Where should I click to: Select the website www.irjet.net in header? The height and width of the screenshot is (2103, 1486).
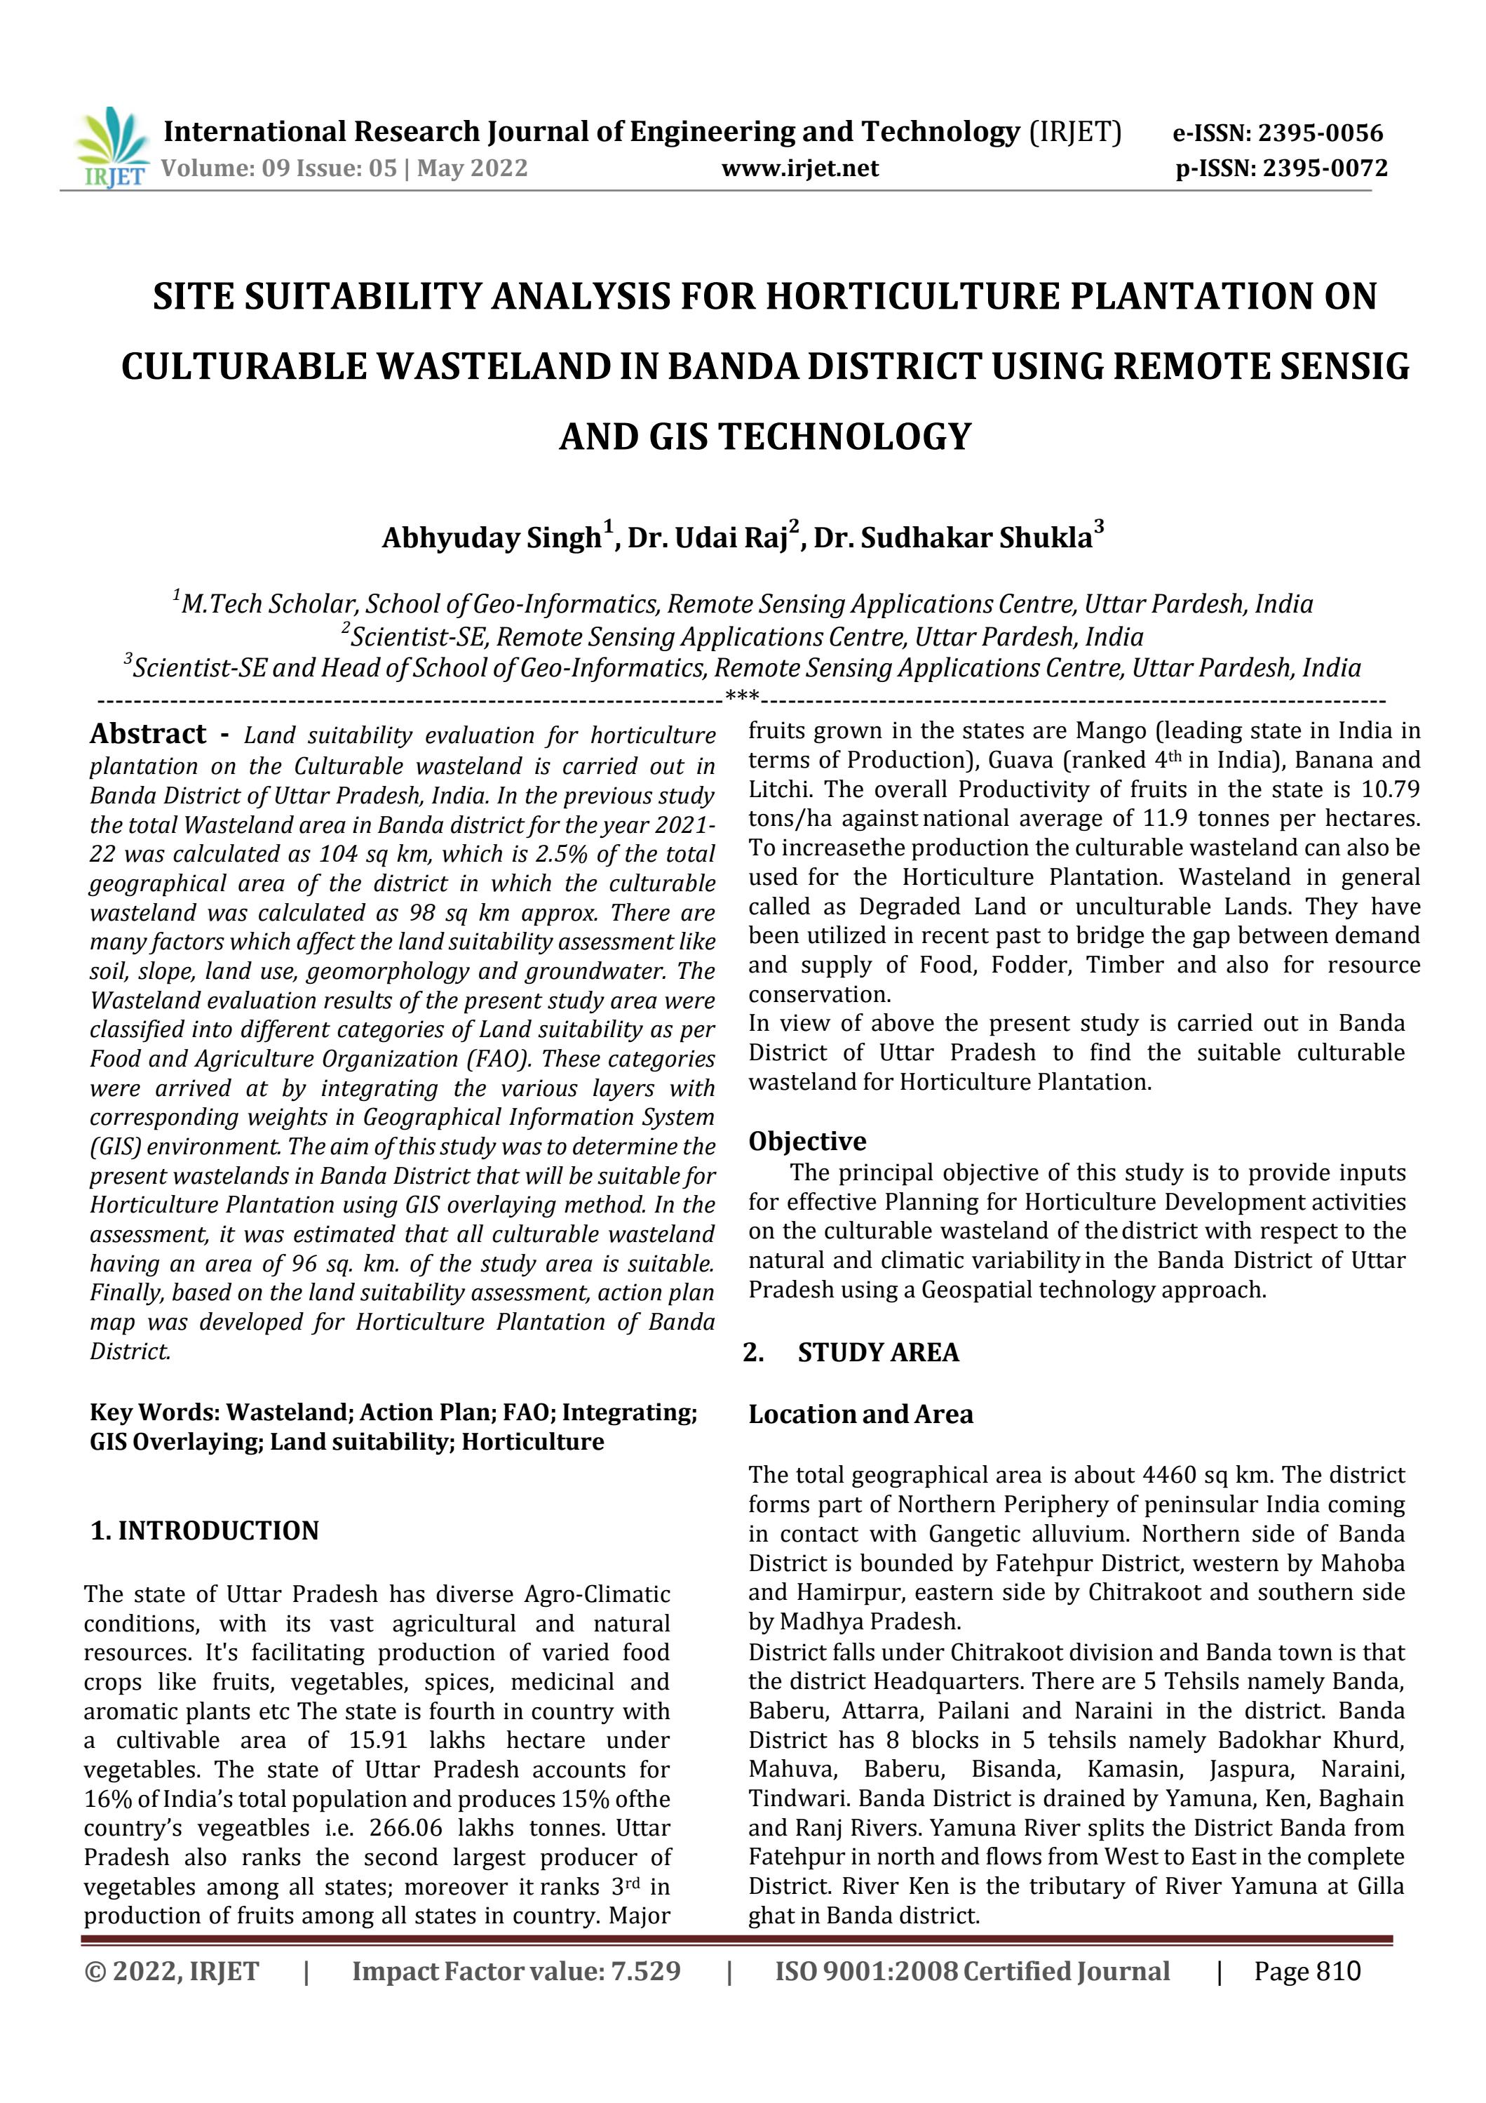(x=799, y=168)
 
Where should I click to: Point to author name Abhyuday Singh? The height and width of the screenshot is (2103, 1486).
(x=492, y=538)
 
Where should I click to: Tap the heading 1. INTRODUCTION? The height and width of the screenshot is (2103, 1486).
(x=204, y=1530)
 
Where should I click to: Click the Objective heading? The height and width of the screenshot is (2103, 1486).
(x=806, y=1141)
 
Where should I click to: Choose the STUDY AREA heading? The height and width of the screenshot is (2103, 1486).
(x=877, y=1353)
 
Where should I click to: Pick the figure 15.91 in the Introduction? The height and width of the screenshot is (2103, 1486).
(x=378, y=1740)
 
